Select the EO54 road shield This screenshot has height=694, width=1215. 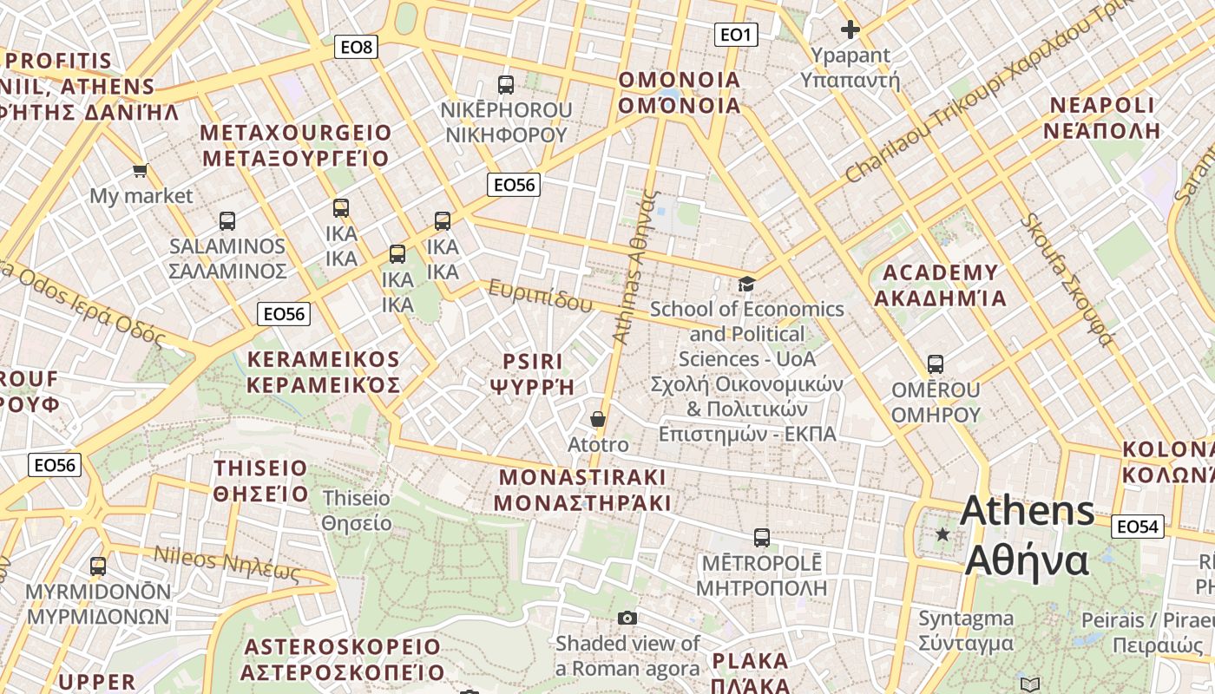pos(1138,527)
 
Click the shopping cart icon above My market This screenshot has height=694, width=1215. pos(140,170)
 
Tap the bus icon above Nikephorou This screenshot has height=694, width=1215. pos(506,85)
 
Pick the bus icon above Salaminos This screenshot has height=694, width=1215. pos(227,220)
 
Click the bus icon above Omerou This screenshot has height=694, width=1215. pos(936,364)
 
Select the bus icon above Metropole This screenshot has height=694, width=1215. pos(762,538)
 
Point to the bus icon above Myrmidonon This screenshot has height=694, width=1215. pos(98,566)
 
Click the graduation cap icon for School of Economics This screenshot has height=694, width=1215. pos(746,284)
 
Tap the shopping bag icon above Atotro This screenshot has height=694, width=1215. pos(598,420)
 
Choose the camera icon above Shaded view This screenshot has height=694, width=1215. pos(627,618)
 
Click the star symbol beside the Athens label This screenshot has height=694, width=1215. pos(942,534)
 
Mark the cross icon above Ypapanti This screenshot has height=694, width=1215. pos(850,30)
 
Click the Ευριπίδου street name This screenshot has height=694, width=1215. pos(540,296)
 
